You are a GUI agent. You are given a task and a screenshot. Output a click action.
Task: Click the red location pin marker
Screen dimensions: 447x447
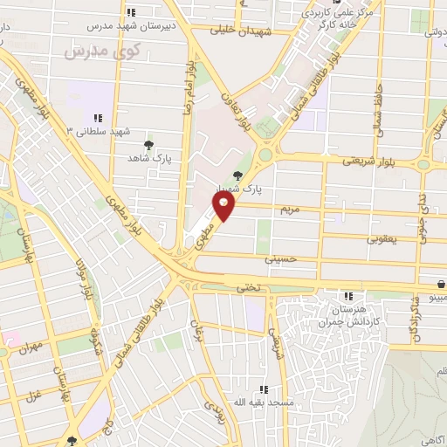tap(224, 208)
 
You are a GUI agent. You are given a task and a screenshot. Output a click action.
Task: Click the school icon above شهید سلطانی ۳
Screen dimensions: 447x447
tap(98, 117)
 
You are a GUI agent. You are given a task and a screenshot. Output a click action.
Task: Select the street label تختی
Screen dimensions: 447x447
tap(243, 288)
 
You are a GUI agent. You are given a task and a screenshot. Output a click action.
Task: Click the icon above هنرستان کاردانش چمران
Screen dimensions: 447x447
tap(348, 297)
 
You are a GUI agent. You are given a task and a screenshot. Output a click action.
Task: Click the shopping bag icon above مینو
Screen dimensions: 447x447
tap(442, 283)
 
